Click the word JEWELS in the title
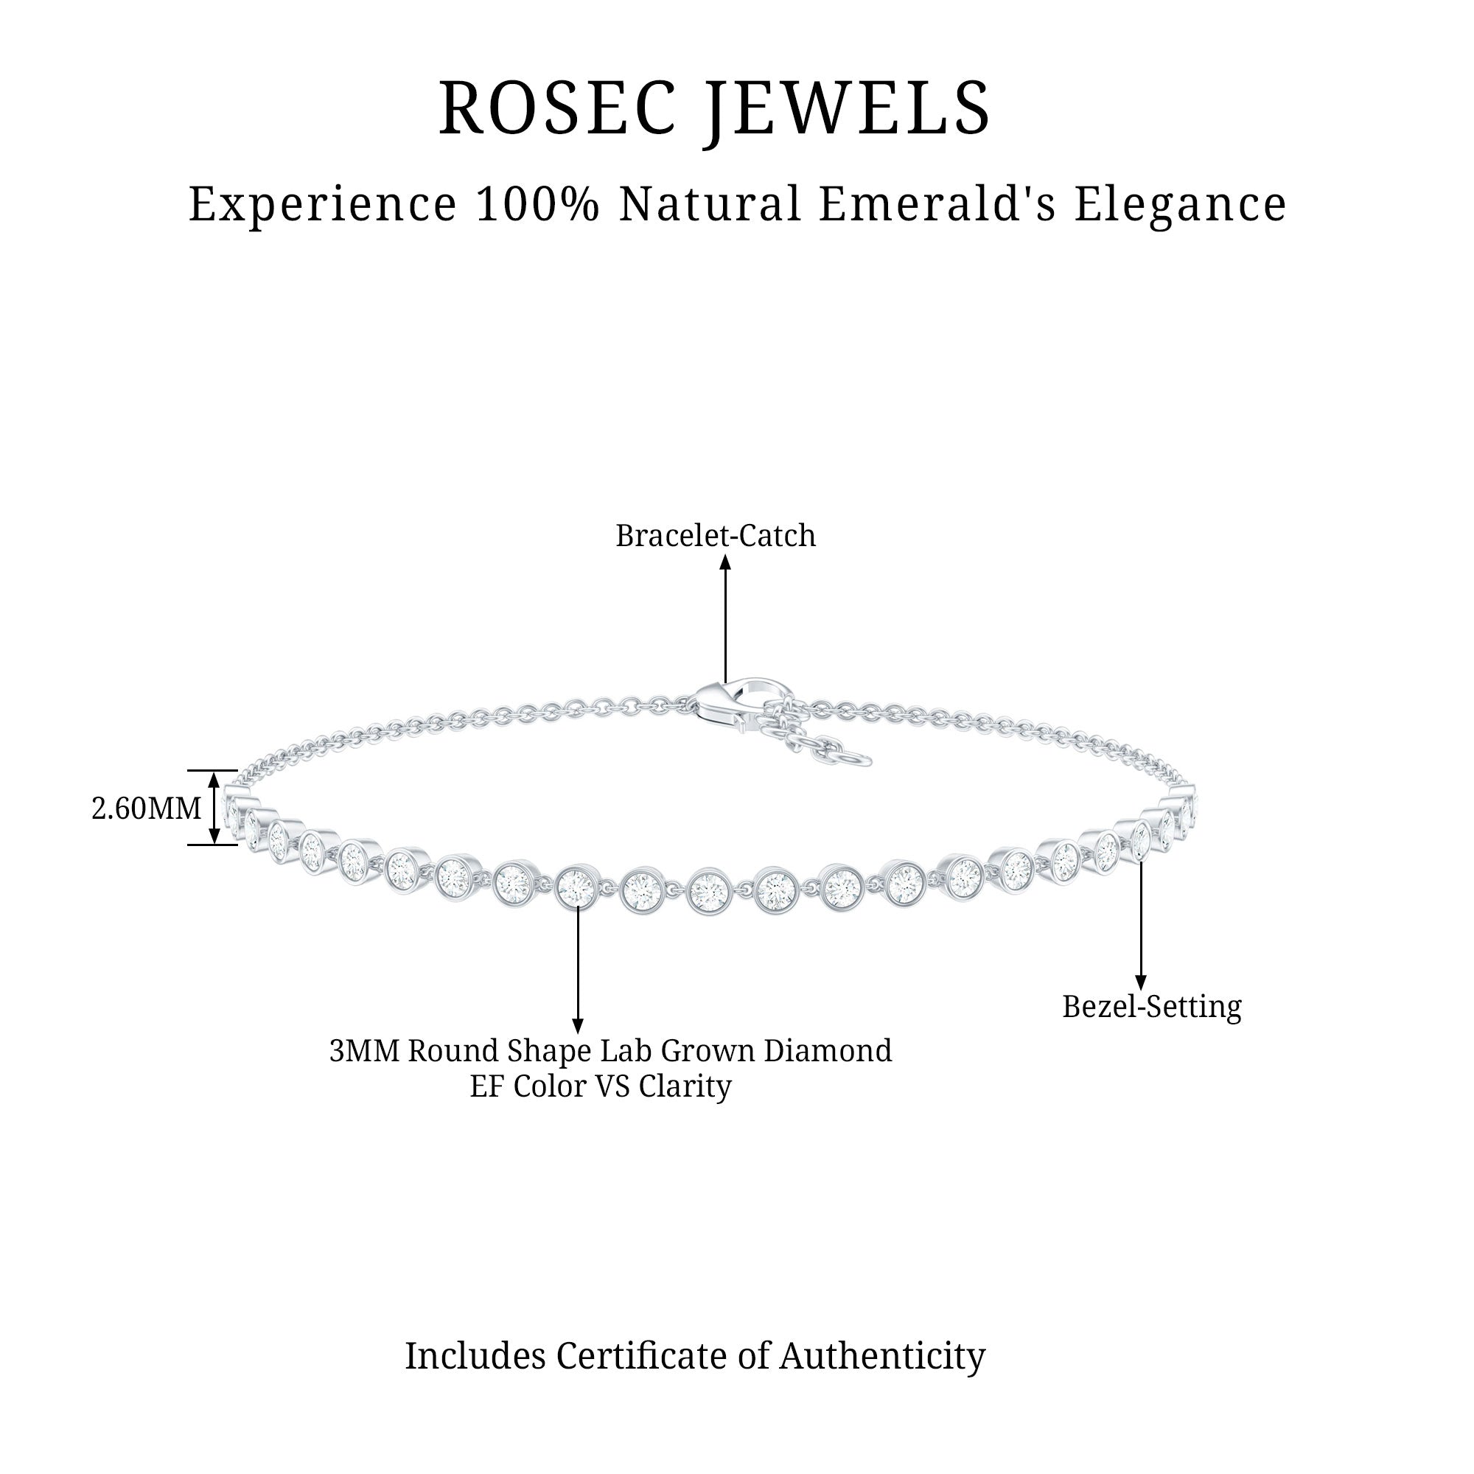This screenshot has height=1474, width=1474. pyautogui.click(x=847, y=108)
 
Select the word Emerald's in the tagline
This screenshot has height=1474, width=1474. pyautogui.click(x=937, y=204)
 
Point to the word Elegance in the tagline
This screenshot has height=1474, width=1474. pyautogui.click(x=1180, y=204)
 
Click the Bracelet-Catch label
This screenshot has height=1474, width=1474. pyautogui.click(x=716, y=536)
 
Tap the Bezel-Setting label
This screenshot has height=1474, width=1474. pyautogui.click(x=1152, y=1006)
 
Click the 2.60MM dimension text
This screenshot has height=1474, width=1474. pyautogui.click(x=147, y=808)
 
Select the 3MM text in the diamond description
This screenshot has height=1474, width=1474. pyautogui.click(x=365, y=1050)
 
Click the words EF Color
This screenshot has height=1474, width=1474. pyautogui.click(x=526, y=1086)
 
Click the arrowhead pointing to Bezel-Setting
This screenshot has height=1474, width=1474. pyautogui.click(x=1141, y=983)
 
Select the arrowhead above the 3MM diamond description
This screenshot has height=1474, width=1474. pyautogui.click(x=578, y=1027)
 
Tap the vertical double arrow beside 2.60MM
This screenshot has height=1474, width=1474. pyautogui.click(x=214, y=808)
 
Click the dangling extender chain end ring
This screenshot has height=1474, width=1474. pyautogui.click(x=858, y=759)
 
